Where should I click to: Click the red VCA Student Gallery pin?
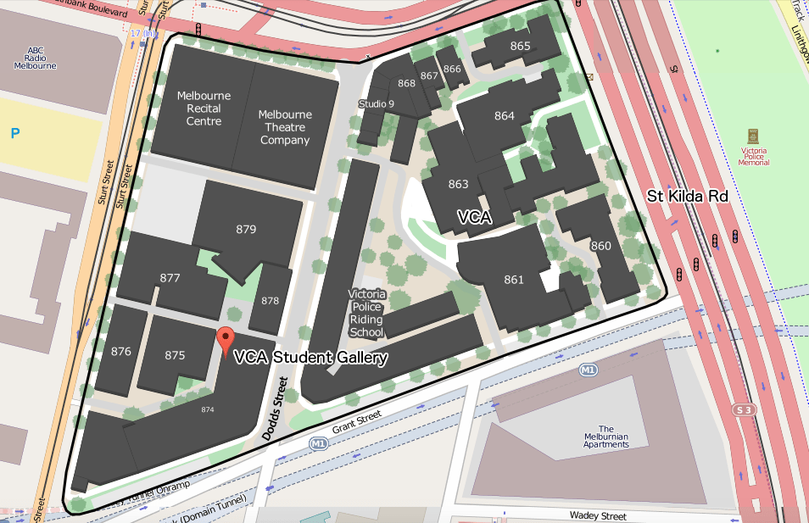point(225,341)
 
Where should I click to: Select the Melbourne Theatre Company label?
point(285,127)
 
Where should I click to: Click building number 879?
point(246,229)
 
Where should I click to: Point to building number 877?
point(170,277)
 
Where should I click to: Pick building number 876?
point(121,351)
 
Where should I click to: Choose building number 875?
point(175,355)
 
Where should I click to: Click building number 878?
point(270,301)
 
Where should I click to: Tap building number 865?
point(520,46)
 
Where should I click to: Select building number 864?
point(505,115)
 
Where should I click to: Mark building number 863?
point(458,184)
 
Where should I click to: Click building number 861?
point(514,279)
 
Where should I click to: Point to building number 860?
point(600,246)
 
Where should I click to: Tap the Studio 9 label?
point(376,103)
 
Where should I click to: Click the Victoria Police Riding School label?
point(367,313)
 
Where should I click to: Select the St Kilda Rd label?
point(688,196)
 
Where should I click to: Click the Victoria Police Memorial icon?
point(752,136)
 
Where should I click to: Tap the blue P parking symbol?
point(14,132)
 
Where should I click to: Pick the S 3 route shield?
point(744,410)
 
